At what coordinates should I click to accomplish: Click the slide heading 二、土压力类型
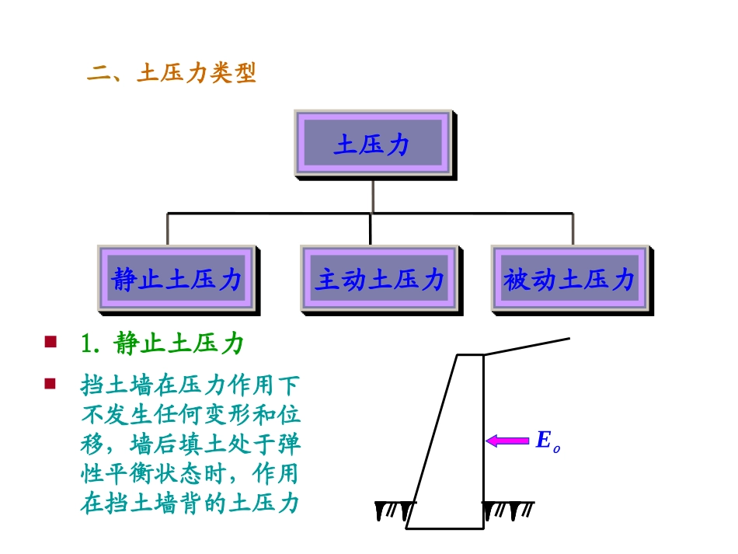coord(172,74)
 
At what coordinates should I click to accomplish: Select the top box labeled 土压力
coord(372,145)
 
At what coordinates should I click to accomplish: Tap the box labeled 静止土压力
coord(177,280)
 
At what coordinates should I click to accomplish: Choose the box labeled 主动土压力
coord(379,280)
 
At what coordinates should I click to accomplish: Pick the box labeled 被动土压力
coord(569,280)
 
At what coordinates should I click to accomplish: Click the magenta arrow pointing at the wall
coord(507,441)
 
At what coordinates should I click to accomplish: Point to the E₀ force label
coord(547,441)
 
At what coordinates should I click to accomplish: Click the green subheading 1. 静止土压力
coord(162,343)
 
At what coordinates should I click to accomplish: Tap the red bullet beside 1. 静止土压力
coord(50,341)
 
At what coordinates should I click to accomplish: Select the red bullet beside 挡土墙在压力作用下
coord(50,383)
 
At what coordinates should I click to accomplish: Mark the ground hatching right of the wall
coord(508,510)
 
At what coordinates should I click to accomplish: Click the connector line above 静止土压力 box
coord(168,229)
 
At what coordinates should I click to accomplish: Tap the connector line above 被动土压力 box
coord(573,229)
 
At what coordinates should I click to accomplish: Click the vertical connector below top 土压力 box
coord(372,196)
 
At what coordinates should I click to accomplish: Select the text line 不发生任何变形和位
coord(190,415)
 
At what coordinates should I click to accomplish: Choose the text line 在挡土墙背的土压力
coord(190,503)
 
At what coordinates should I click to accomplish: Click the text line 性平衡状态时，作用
coord(190,474)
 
